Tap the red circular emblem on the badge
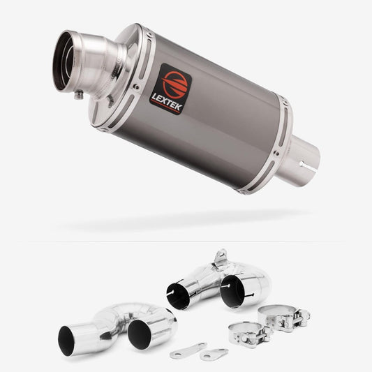(x=174, y=84)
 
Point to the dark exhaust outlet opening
(x=62, y=62)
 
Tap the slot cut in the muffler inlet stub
(x=308, y=164)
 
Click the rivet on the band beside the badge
(x=136, y=87)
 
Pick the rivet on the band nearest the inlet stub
(x=276, y=153)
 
